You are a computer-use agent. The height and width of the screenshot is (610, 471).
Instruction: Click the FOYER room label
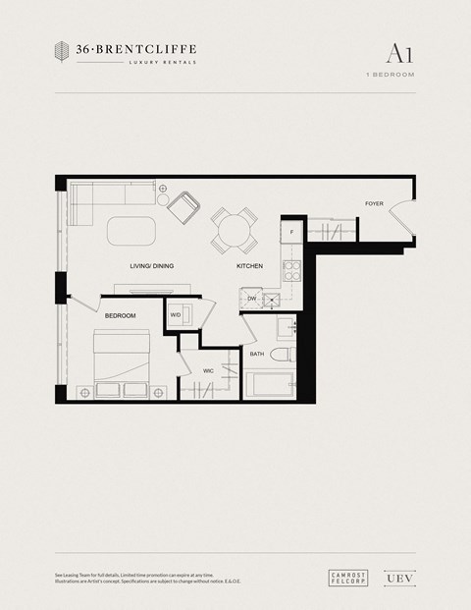tap(374, 203)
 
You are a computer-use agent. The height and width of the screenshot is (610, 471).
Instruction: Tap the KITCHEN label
tap(249, 266)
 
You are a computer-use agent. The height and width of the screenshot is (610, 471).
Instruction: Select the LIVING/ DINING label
tap(151, 266)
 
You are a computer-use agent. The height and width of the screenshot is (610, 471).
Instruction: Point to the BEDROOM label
tap(120, 314)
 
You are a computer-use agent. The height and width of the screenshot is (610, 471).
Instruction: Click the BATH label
tap(257, 354)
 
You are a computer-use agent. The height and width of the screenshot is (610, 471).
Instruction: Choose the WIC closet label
tap(208, 370)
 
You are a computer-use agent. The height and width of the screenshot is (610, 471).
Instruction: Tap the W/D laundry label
tap(176, 314)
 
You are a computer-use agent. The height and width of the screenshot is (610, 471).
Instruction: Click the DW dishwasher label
tap(252, 299)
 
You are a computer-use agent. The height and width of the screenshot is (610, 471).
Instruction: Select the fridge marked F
tap(291, 233)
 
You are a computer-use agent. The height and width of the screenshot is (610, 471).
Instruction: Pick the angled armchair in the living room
tap(184, 207)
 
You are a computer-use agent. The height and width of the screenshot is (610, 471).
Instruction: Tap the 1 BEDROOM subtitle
tap(391, 75)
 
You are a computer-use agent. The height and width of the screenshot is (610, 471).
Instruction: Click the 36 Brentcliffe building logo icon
tap(62, 52)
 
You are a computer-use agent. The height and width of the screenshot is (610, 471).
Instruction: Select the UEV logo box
tap(394, 580)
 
